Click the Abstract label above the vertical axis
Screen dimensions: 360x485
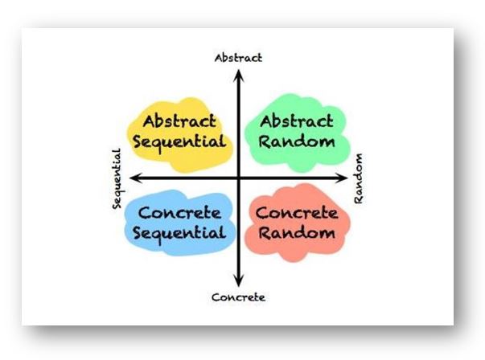(238, 58)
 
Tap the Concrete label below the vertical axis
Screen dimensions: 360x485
(238, 297)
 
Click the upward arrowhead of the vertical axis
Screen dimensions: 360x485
(238, 74)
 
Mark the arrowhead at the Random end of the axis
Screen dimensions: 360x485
(343, 178)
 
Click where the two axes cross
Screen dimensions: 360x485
(238, 178)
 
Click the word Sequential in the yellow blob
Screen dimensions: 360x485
(182, 142)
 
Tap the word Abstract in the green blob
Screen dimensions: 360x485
(297, 122)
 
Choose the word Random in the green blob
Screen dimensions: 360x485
(297, 142)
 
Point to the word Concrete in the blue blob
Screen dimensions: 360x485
(180, 214)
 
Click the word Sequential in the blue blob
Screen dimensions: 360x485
(180, 234)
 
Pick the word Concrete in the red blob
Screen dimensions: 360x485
(297, 214)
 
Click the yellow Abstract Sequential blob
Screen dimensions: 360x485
(153, 153)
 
